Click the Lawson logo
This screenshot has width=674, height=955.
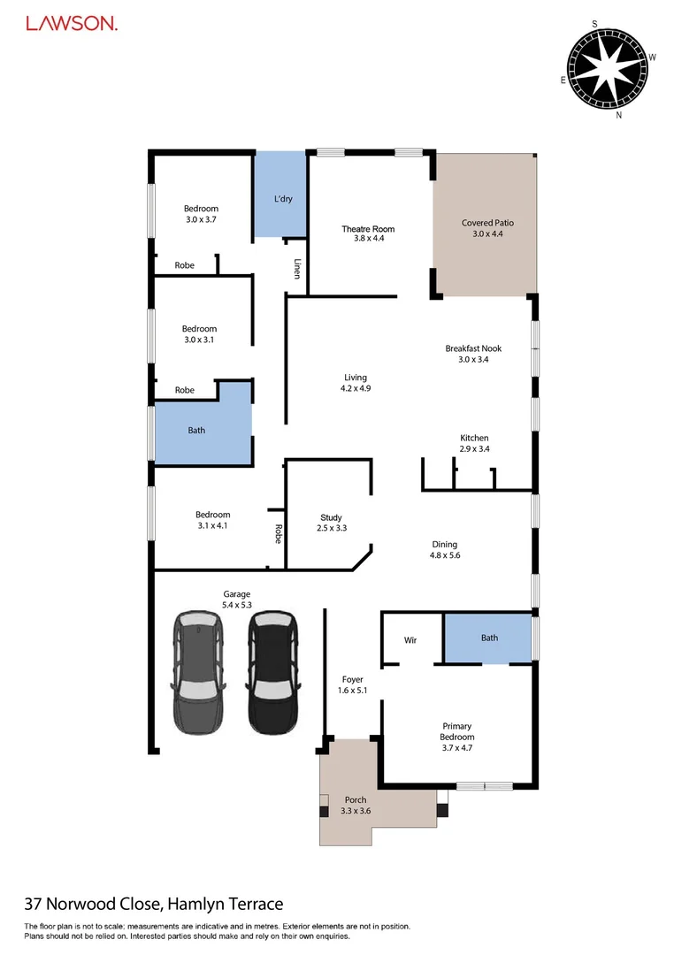[x=72, y=24]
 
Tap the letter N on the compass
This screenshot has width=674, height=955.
[x=619, y=115]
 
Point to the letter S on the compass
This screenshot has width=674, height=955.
[x=595, y=24]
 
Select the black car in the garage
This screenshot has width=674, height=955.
[x=271, y=673]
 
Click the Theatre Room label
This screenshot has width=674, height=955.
[x=368, y=229]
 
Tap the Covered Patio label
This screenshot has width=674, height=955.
[x=487, y=223]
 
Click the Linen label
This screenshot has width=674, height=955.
[x=298, y=268]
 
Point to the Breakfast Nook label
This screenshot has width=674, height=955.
[x=473, y=348]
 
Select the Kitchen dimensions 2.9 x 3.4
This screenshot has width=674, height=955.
[x=474, y=449]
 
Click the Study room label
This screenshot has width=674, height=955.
[x=331, y=517]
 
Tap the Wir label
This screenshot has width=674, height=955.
[x=410, y=639]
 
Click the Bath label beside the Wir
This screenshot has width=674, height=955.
[x=489, y=638]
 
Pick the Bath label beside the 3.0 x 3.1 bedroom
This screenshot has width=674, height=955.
[x=196, y=431]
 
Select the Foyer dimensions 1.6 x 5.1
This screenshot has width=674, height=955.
[x=351, y=691]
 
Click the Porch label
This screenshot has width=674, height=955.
[x=356, y=800]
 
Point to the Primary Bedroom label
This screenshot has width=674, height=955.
[x=457, y=731]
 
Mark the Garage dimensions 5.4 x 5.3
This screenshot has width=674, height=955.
[x=236, y=606]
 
